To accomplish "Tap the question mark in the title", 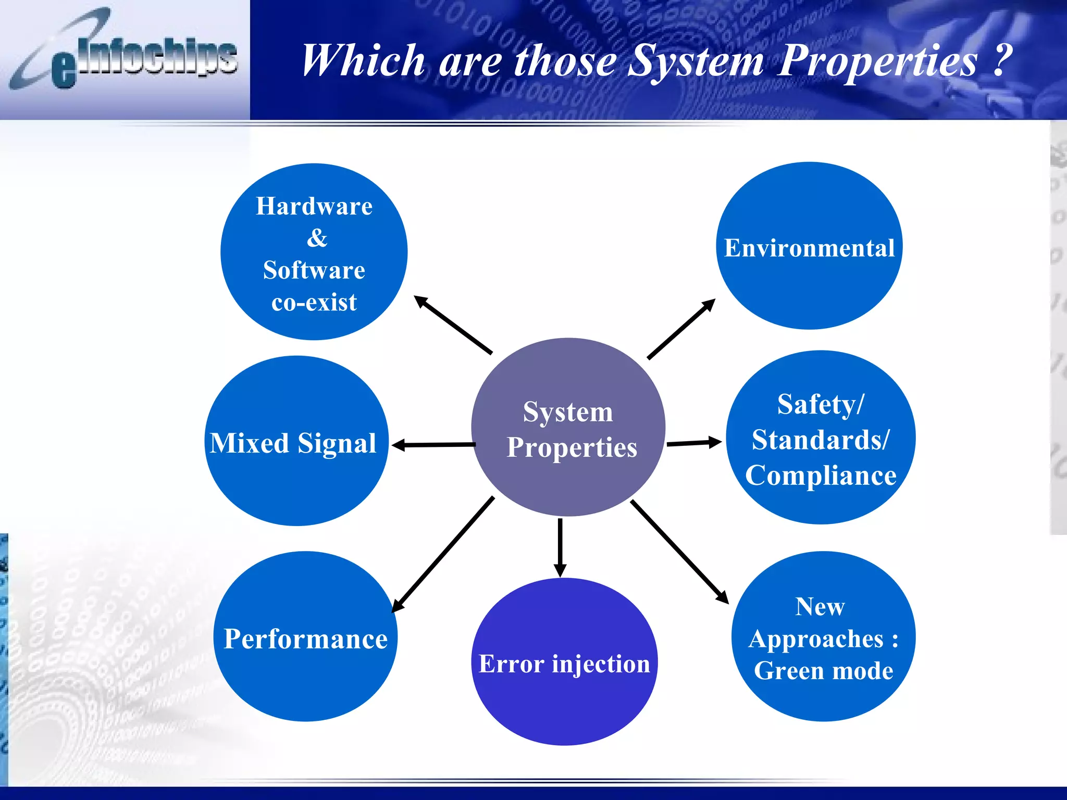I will click(x=1001, y=60).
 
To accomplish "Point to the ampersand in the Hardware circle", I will click(x=316, y=238).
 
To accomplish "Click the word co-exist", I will click(x=314, y=303).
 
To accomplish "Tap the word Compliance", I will click(x=821, y=476).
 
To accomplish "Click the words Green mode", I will click(x=823, y=671).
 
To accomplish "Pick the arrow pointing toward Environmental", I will click(x=681, y=329).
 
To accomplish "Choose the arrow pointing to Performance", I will click(x=443, y=555).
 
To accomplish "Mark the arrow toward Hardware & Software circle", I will click(x=453, y=325).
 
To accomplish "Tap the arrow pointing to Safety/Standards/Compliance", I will click(x=694, y=443).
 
